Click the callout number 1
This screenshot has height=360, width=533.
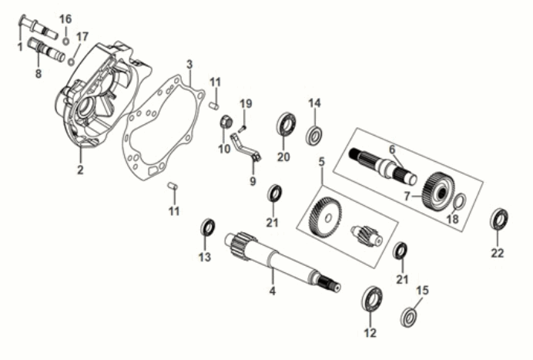coord(19,46)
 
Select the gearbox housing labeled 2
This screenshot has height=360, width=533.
coord(96,100)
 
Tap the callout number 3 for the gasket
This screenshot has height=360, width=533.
coord(189,63)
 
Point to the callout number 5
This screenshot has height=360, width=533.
coord(321,162)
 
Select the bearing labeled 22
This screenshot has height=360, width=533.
coord(499,219)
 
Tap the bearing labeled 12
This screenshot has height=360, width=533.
coord(372,298)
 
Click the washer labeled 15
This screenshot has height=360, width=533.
coord(408,316)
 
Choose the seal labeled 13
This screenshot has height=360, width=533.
coord(207,228)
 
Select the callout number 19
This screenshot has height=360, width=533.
coord(246,103)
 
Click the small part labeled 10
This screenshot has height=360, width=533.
coord(227,123)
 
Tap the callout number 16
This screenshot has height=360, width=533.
coord(65,18)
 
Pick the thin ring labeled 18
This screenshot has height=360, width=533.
coord(456,202)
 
